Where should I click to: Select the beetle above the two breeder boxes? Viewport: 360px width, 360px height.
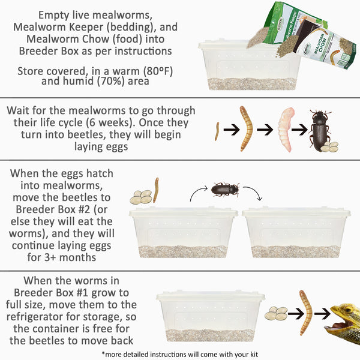[x=225, y=190]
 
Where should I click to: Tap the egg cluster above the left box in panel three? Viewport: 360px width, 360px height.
[x=142, y=196]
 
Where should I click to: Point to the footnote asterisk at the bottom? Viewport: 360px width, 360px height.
[x=104, y=353]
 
